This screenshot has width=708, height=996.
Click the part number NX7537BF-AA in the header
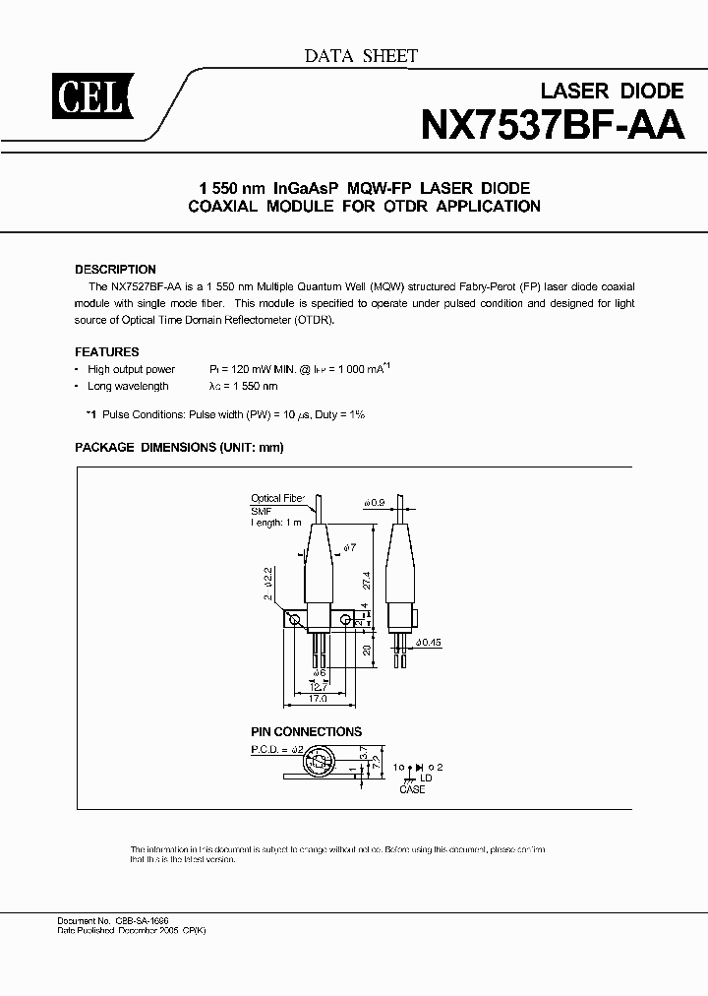click(x=552, y=126)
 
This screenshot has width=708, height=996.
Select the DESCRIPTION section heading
click(x=115, y=269)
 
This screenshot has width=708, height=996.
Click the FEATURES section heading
click(x=107, y=351)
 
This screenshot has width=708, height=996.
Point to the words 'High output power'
click(x=131, y=370)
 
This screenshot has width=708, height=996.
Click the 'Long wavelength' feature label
click(x=128, y=387)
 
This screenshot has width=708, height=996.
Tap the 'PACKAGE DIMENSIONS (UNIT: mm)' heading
click(x=179, y=447)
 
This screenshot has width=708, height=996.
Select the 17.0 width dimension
click(x=319, y=699)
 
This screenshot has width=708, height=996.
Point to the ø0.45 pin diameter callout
click(x=429, y=643)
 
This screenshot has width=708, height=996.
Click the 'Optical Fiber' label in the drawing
click(x=278, y=499)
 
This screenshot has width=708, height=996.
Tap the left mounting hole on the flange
click(x=292, y=619)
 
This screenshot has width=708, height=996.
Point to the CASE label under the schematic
click(x=413, y=789)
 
